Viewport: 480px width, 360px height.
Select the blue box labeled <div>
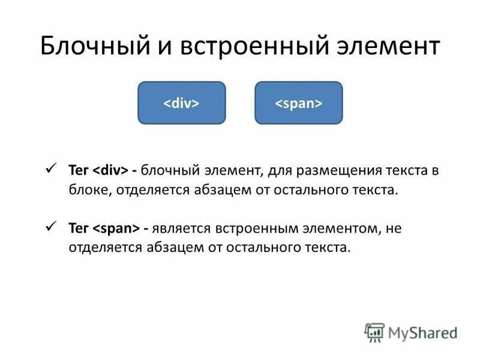[182, 103]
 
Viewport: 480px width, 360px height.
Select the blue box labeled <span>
[298, 103]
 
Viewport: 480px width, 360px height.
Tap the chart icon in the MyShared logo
[374, 332]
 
